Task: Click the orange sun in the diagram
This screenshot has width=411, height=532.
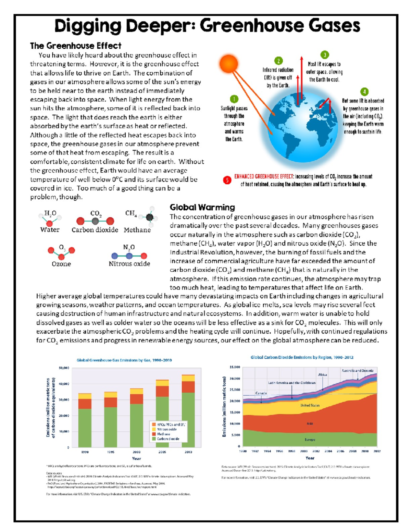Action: (228, 64)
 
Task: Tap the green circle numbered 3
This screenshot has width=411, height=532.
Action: (324, 55)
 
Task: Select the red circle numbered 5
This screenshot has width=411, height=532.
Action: (227, 180)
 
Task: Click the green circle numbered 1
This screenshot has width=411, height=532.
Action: (234, 99)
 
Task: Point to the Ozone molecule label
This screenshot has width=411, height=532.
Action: (61, 264)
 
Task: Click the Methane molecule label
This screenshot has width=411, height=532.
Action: (137, 230)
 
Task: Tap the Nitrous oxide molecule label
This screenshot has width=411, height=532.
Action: (129, 264)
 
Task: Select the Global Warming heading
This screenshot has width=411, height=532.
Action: (202, 207)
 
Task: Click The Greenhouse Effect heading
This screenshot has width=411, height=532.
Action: (75, 46)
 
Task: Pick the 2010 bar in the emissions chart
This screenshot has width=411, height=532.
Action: (188, 411)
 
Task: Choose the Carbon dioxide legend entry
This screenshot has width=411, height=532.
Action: (168, 439)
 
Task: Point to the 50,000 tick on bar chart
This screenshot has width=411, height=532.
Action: (64, 368)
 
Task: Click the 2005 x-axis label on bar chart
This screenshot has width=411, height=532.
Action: (162, 452)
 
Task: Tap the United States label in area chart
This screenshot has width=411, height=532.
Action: (310, 405)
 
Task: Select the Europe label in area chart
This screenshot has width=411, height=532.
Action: (310, 440)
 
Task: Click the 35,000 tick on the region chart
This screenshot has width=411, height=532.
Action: (235, 367)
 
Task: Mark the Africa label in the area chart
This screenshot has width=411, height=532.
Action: (322, 375)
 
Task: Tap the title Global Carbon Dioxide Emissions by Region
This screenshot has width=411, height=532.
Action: (302, 357)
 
